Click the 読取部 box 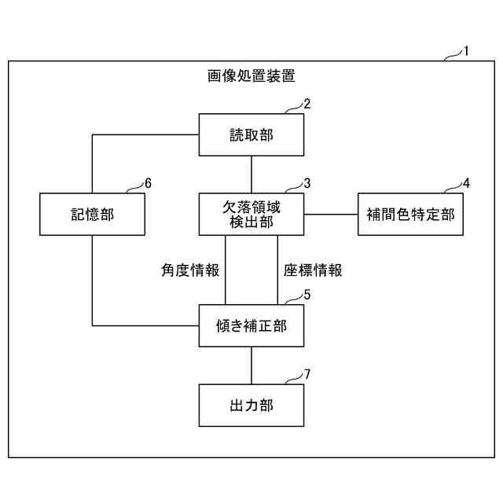point(251,135)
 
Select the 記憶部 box point(92,214)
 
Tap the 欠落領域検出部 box point(251,214)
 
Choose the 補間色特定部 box point(410,214)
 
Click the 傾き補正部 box point(251,325)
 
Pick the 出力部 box point(251,405)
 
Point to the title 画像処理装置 point(251,76)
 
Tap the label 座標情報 point(312,270)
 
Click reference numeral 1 point(466,52)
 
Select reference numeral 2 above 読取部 point(307,104)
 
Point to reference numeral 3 point(307,183)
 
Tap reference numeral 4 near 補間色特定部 point(466,183)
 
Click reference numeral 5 point(307,295)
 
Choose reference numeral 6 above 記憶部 point(148,183)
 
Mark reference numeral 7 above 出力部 point(307,374)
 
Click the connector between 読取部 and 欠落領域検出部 point(251,174)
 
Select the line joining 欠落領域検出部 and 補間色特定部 point(331,214)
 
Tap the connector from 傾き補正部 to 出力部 point(251,365)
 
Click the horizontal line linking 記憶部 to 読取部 point(145,135)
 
